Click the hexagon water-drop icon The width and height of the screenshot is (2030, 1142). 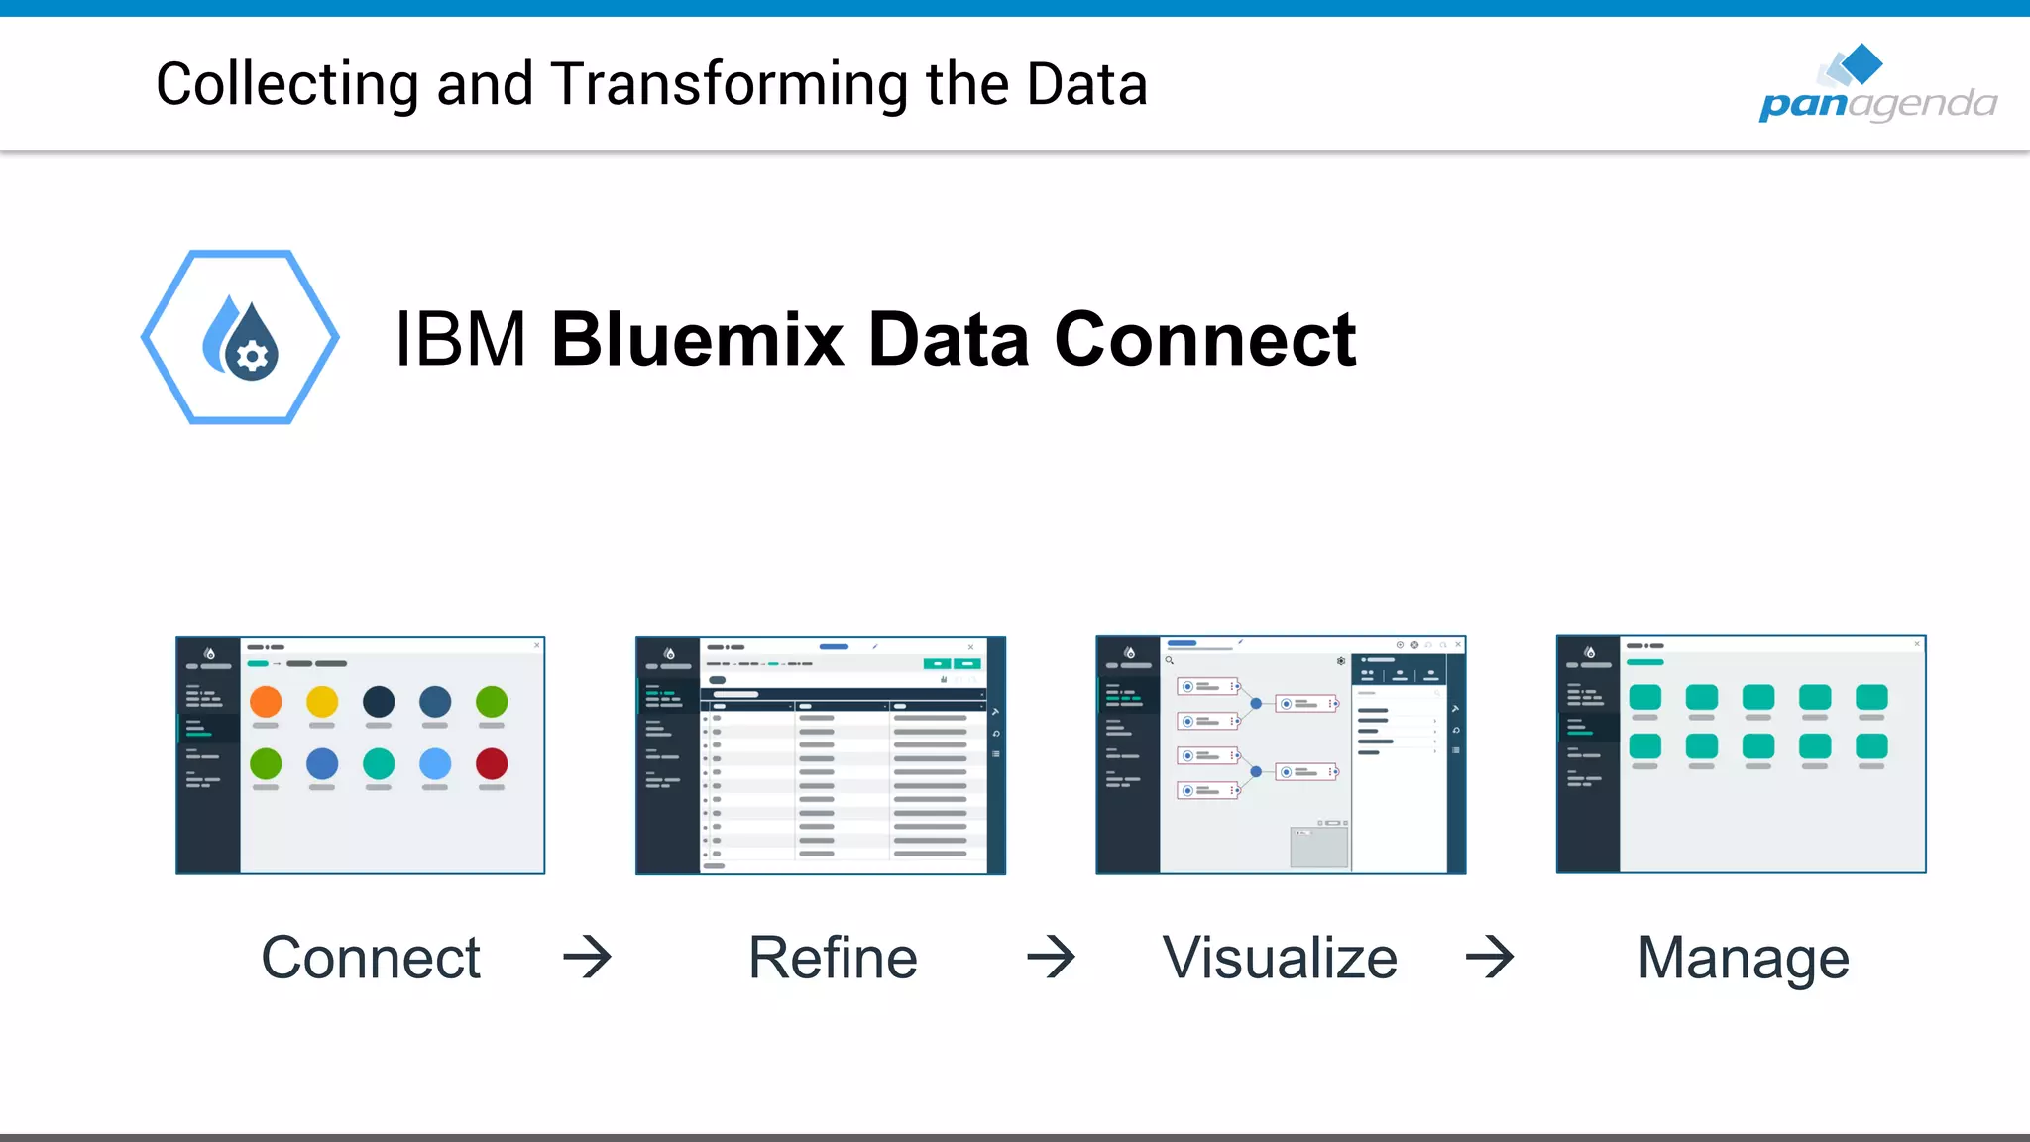pyautogui.click(x=240, y=337)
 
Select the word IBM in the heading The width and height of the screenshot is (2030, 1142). pyautogui.click(x=460, y=340)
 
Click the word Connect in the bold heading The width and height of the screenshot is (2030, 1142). pyautogui.click(x=1204, y=340)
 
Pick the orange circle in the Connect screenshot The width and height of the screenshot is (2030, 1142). pyautogui.click(x=266, y=702)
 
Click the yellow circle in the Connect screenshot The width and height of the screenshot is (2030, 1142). pyautogui.click(x=322, y=702)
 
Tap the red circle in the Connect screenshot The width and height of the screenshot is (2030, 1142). pyautogui.click(x=492, y=763)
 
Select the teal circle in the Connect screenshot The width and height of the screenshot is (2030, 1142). pyautogui.click(x=379, y=763)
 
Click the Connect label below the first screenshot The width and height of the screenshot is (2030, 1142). pyautogui.click(x=371, y=958)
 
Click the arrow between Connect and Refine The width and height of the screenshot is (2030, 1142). pyautogui.click(x=587, y=958)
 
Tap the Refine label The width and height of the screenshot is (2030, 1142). pyautogui.click(x=833, y=958)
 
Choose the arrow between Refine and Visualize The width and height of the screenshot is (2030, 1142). pyautogui.click(x=1051, y=958)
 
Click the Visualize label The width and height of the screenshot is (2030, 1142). pyautogui.click(x=1280, y=958)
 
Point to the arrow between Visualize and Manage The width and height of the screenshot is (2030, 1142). pyautogui.click(x=1490, y=958)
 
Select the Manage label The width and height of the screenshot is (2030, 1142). pyautogui.click(x=1743, y=958)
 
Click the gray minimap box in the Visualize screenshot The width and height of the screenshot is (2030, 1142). pyautogui.click(x=1318, y=848)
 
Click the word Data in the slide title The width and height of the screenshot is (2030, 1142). pyautogui.click(x=1086, y=85)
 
